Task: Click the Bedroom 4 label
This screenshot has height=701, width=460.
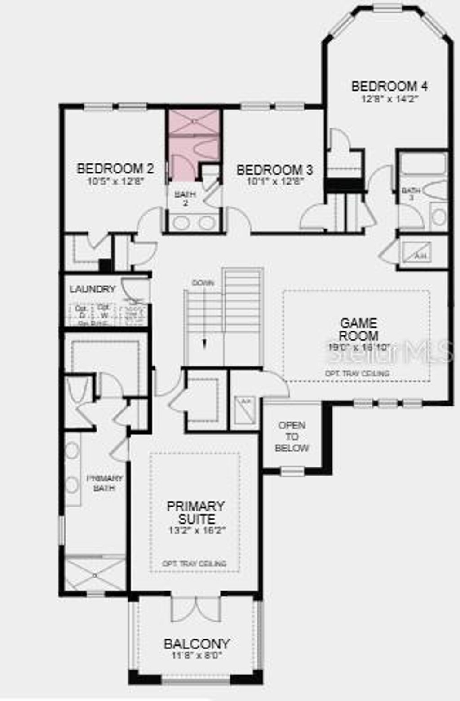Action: pyautogui.click(x=389, y=86)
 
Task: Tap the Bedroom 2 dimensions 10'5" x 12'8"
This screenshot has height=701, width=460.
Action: pyautogui.click(x=115, y=181)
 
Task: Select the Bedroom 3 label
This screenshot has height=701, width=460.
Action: pyautogui.click(x=274, y=170)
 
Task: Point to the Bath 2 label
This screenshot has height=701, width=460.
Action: pyautogui.click(x=185, y=198)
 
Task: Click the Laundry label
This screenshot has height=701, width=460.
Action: pyautogui.click(x=93, y=289)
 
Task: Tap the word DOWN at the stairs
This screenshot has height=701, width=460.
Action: pyautogui.click(x=203, y=283)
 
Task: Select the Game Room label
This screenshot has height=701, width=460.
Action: pyautogui.click(x=358, y=329)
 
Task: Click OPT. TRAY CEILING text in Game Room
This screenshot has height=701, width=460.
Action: pyautogui.click(x=357, y=373)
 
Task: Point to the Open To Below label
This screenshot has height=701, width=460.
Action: pyautogui.click(x=292, y=436)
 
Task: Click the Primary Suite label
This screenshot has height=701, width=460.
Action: pyautogui.click(x=196, y=512)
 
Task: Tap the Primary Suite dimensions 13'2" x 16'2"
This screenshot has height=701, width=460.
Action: pyautogui.click(x=196, y=530)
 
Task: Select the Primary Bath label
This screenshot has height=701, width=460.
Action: pyautogui.click(x=104, y=483)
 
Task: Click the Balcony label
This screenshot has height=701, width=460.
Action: pyautogui.click(x=197, y=644)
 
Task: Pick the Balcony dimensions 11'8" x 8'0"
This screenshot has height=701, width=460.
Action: pyautogui.click(x=197, y=656)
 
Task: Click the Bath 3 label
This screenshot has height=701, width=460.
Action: pyautogui.click(x=411, y=194)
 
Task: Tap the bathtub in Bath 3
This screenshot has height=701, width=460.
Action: pyautogui.click(x=423, y=164)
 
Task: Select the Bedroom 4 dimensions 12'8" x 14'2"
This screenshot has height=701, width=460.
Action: pyautogui.click(x=390, y=99)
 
